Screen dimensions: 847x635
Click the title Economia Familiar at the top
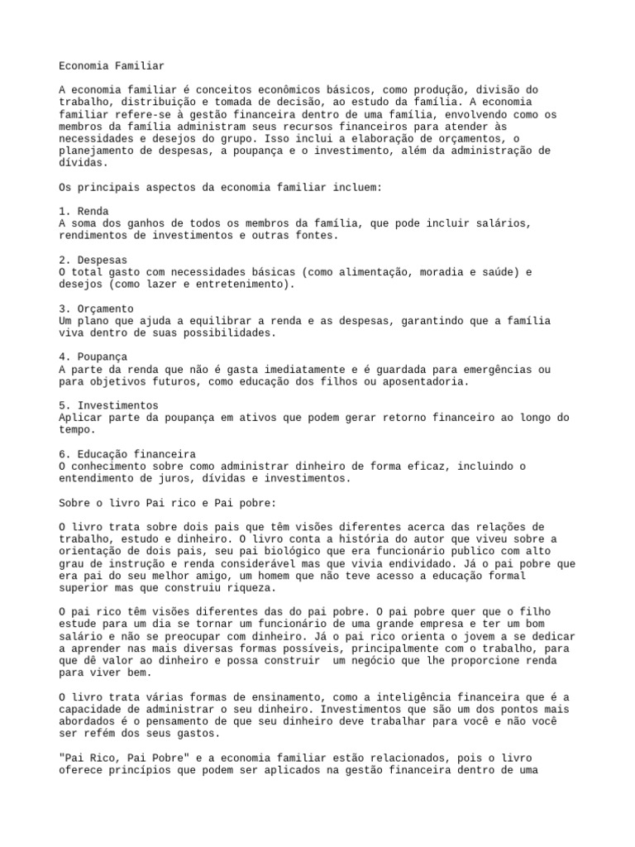click(112, 65)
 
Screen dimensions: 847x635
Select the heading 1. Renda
click(84, 211)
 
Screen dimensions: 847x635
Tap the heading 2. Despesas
click(93, 260)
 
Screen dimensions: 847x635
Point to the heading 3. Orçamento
click(96, 309)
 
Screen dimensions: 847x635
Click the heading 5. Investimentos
click(108, 406)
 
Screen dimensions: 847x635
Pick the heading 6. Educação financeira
click(127, 455)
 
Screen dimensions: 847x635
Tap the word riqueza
click(246, 588)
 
